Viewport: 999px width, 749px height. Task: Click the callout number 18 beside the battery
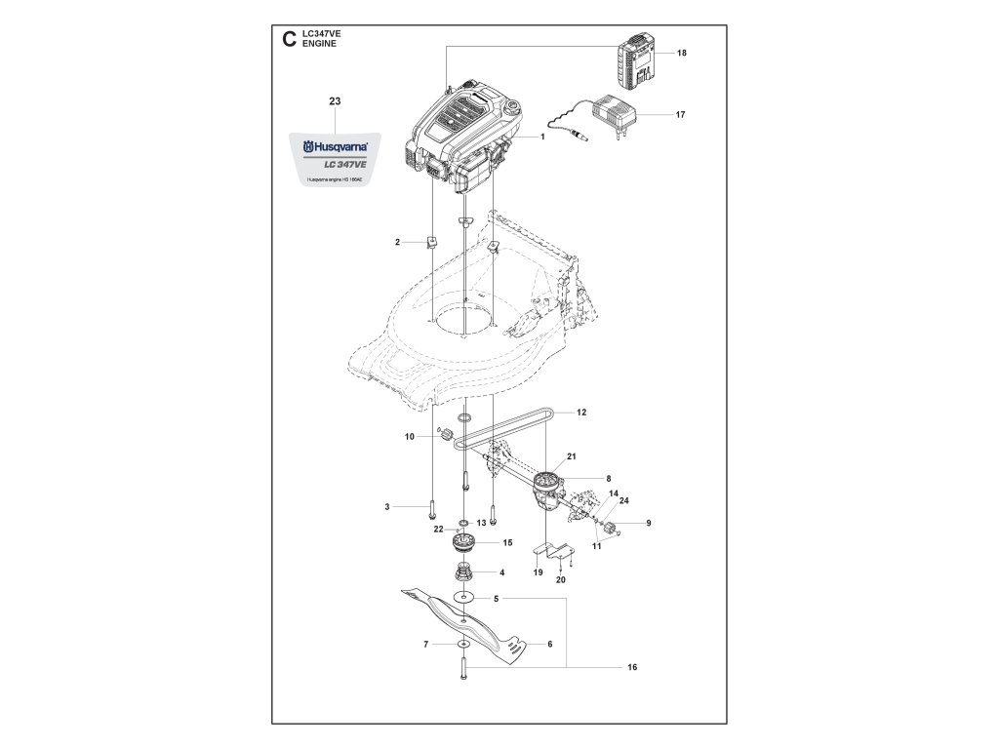[681, 54]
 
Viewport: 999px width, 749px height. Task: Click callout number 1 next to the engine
[541, 138]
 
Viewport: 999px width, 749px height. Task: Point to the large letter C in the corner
[287, 40]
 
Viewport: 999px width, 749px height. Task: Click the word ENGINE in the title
[320, 45]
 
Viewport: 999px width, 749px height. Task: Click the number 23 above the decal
[335, 101]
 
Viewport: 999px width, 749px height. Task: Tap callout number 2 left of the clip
[398, 241]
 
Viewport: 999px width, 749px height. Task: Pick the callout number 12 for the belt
[581, 413]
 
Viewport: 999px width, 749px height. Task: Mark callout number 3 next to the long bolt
[387, 506]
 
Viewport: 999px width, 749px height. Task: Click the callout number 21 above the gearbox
[573, 456]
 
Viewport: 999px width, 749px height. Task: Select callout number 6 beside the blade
[549, 644]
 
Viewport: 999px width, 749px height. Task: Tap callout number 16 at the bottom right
[632, 668]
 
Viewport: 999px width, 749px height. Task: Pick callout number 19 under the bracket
[538, 572]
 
